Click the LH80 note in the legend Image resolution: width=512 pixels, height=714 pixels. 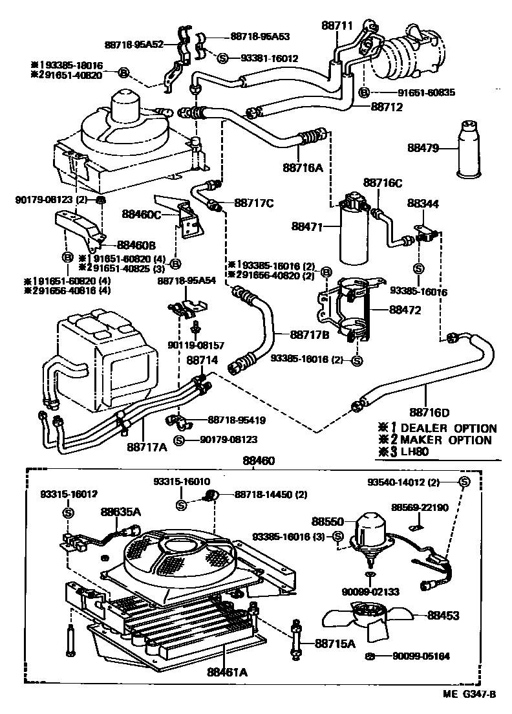[415, 451]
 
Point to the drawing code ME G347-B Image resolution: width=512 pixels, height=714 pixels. [469, 695]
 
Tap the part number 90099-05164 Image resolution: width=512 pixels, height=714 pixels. [421, 656]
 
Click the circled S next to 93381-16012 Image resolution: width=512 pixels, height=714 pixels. [222, 58]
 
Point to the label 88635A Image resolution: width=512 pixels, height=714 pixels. [121, 511]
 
